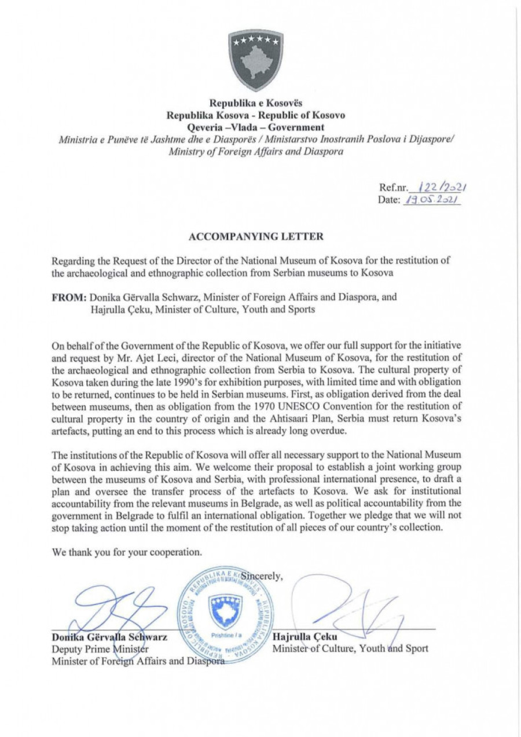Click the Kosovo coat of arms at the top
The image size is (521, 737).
coord(255,60)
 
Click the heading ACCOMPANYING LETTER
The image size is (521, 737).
coord(256,237)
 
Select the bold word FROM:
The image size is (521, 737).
coord(69,297)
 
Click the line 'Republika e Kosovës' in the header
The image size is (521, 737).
coord(255,104)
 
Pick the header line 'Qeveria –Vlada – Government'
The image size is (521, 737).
coord(255,127)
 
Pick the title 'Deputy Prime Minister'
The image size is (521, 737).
coord(100,649)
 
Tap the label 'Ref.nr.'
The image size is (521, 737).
coord(394,188)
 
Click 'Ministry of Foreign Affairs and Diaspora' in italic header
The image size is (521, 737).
coord(255,152)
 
